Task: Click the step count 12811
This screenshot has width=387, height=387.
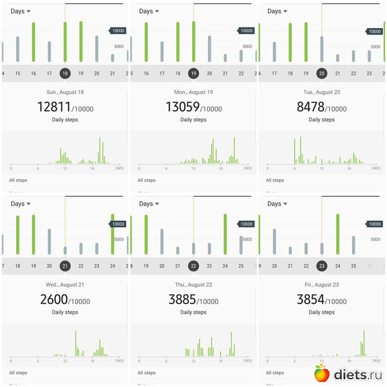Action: (54, 107)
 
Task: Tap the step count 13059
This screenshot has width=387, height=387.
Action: (183, 107)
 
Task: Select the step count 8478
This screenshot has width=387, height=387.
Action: (311, 107)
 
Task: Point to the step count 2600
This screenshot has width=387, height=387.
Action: (54, 299)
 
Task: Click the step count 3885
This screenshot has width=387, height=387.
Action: (183, 299)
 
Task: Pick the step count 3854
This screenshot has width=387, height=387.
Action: (311, 299)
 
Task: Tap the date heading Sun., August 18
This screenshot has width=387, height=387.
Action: (65, 92)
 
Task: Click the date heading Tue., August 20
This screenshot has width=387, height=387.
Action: (322, 92)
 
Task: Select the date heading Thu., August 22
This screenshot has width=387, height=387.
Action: (193, 285)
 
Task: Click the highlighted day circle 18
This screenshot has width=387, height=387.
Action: (65, 73)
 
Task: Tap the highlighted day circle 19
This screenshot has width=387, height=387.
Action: (193, 73)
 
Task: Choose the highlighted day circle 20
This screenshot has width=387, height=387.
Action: (322, 73)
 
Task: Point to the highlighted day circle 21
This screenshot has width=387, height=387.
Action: (65, 266)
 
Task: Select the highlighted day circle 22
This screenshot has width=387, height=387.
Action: (193, 266)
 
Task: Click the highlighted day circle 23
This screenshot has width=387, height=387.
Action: (322, 266)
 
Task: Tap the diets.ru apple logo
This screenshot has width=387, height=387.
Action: (322, 373)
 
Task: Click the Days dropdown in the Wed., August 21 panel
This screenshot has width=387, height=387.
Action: (21, 204)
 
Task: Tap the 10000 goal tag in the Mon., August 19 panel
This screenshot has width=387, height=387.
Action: (245, 31)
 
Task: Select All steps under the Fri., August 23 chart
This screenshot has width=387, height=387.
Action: (274, 373)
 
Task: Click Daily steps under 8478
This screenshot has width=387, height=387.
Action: (322, 120)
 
